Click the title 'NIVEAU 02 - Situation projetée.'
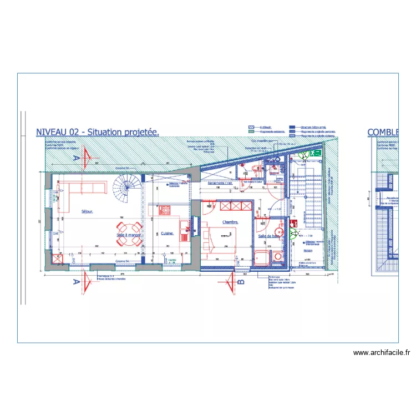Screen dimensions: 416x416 click(98, 132)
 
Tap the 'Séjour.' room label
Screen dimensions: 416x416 click(87, 211)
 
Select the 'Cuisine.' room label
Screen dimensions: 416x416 click(168, 234)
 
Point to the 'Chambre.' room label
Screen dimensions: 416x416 click(230, 222)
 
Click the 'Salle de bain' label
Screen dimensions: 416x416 click(268, 236)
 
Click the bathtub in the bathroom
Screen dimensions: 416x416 click(261, 257)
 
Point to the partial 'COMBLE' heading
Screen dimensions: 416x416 click(383, 132)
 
